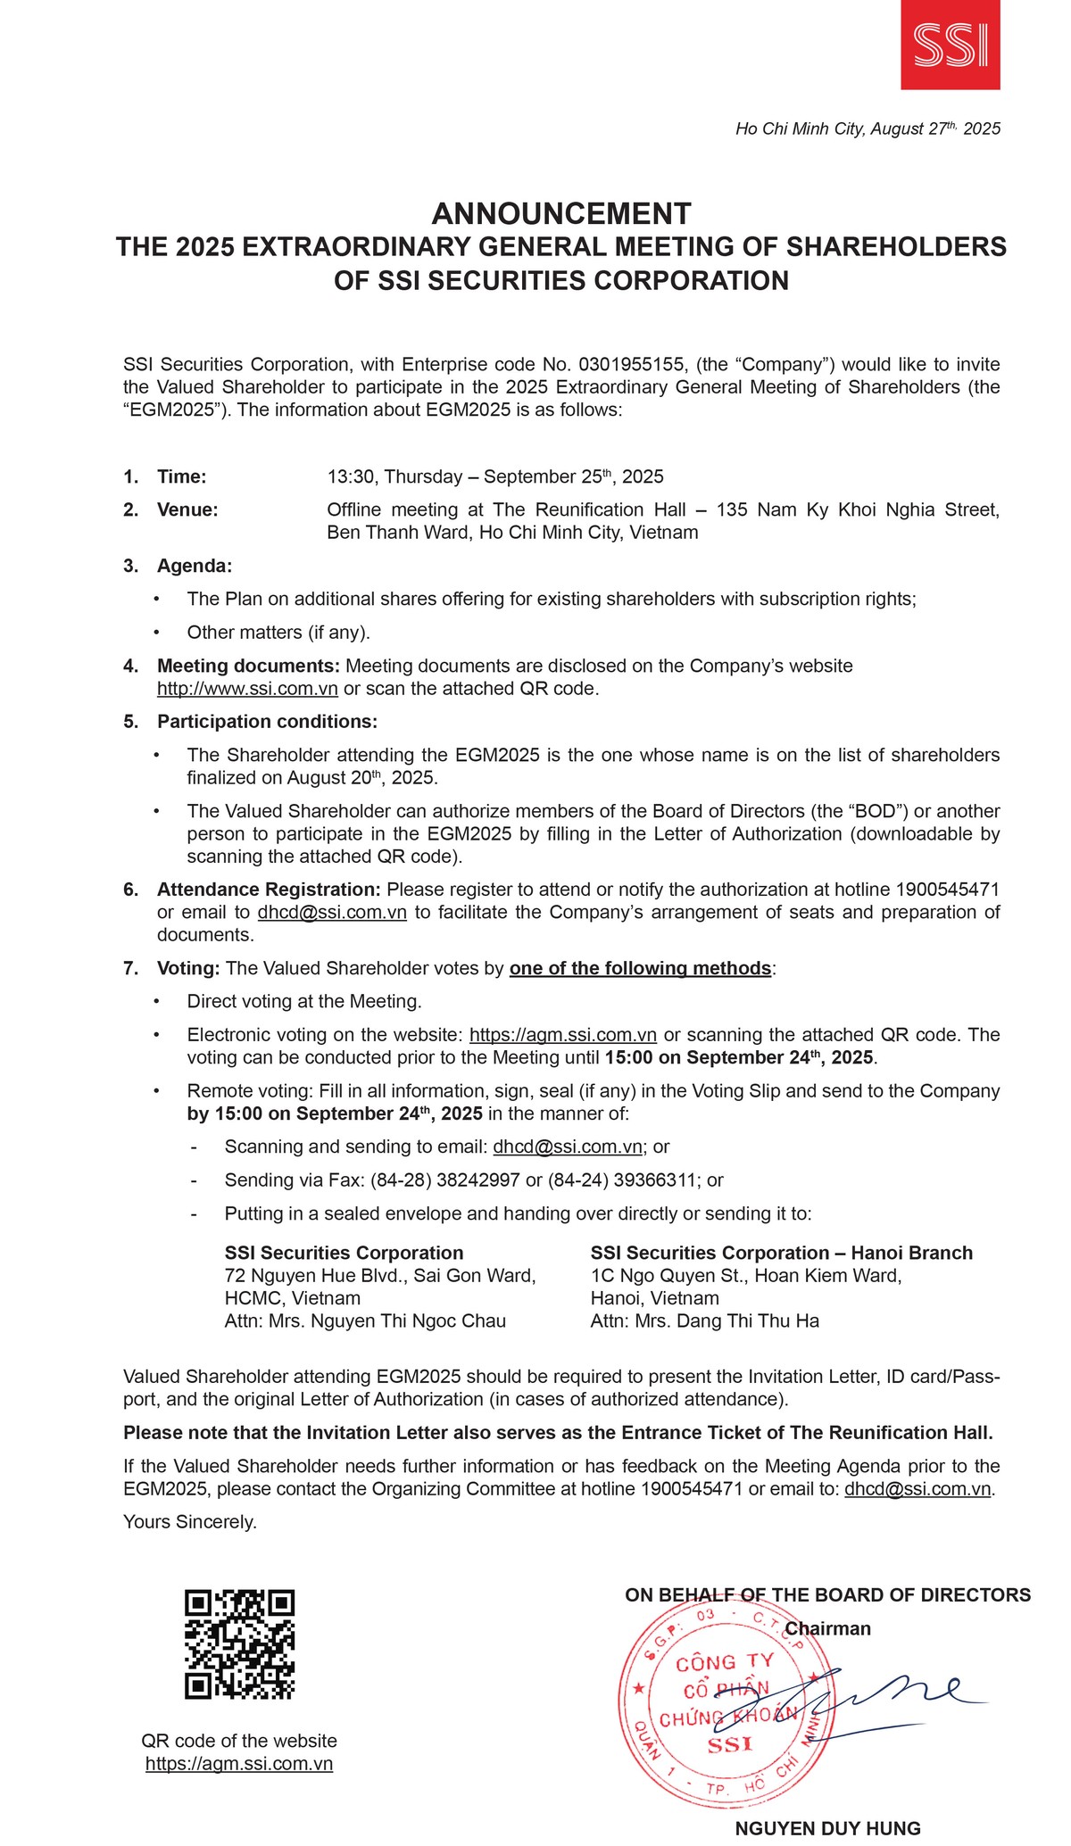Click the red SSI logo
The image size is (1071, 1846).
click(950, 45)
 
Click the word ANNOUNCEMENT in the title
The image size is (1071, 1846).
click(560, 214)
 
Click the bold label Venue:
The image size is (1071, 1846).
click(187, 510)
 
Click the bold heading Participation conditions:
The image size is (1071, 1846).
click(267, 722)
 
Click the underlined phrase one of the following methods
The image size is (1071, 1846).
click(640, 969)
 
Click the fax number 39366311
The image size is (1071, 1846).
click(655, 1180)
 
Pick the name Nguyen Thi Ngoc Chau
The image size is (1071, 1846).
click(408, 1321)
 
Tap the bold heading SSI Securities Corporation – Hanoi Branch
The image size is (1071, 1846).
click(781, 1254)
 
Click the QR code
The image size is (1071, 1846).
click(239, 1644)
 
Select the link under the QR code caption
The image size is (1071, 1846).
click(239, 1764)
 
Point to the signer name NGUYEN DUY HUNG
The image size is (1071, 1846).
click(827, 1828)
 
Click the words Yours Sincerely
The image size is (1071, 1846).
click(190, 1522)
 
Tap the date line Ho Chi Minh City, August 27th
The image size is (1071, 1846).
click(867, 129)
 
